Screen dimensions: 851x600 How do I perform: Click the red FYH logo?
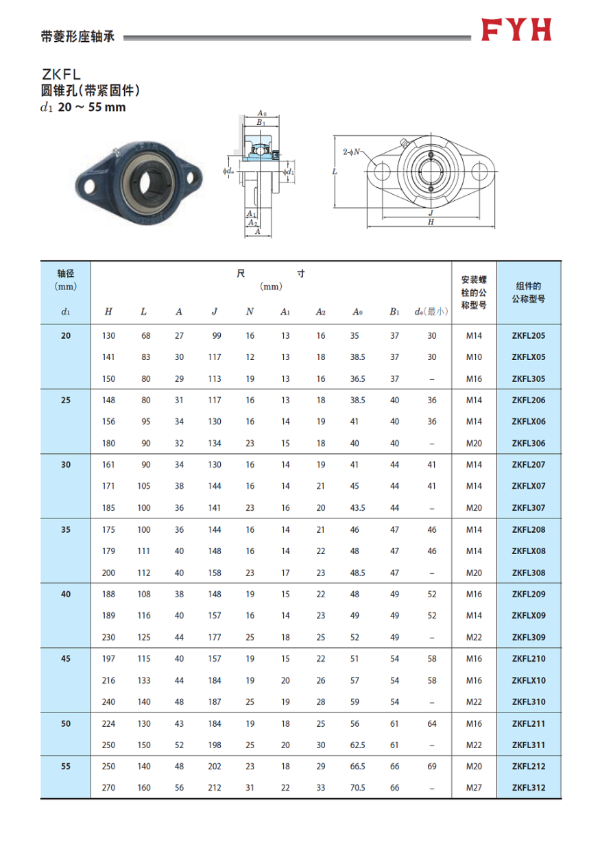516,30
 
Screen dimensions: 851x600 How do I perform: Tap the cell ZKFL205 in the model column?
528,336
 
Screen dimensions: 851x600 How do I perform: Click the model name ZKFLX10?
528,681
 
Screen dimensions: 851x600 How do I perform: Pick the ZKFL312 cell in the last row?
528,788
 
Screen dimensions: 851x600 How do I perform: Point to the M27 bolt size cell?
474,788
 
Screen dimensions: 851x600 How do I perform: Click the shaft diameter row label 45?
66,659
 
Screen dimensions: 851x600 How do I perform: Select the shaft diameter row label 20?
66,336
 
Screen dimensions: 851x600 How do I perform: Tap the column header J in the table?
215,312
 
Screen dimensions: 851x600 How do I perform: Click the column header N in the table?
250,312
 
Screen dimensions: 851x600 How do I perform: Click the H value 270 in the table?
108,788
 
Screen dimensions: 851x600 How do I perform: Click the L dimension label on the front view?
334,172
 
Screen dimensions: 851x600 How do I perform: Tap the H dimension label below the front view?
431,222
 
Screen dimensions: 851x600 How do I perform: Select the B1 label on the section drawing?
261,122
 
